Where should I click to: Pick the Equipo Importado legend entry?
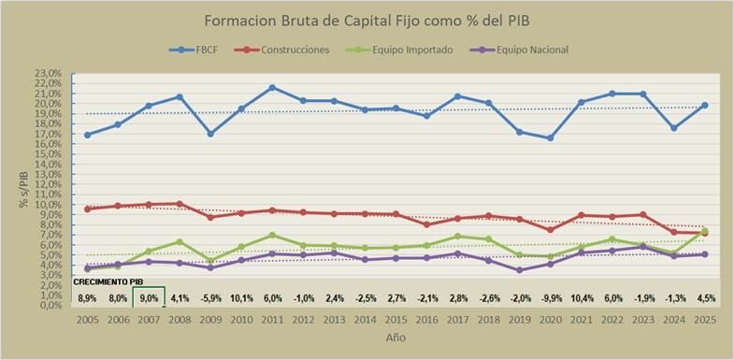click(x=411, y=50)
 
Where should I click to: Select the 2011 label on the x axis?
click(x=271, y=318)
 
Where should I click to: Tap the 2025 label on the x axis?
click(x=703, y=318)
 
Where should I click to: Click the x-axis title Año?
click(x=395, y=338)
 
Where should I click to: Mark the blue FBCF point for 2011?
click(x=272, y=88)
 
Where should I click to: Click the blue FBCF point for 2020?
click(x=549, y=137)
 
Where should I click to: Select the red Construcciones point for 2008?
click(x=180, y=203)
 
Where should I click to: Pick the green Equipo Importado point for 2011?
click(x=272, y=235)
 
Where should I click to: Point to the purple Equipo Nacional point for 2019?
click(x=518, y=270)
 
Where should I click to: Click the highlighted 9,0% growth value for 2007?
click(x=149, y=297)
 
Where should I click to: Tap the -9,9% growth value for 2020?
click(x=549, y=297)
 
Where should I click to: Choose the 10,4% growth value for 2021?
click(x=580, y=297)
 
